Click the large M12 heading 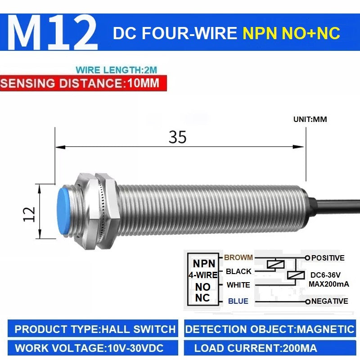point(53,32)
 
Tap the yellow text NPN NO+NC point(291,33)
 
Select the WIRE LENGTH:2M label point(117,70)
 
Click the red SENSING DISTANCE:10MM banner point(83,83)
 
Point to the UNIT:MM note point(310,119)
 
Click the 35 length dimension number point(177,137)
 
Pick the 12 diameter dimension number point(29,214)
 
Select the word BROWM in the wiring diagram point(238,257)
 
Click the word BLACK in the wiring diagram point(238,271)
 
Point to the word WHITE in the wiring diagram point(238,285)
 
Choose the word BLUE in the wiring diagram point(238,301)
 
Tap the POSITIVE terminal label point(328,258)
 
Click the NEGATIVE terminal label point(330,301)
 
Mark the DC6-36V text point(325,275)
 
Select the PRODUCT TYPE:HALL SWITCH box point(93,328)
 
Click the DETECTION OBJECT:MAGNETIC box point(270,328)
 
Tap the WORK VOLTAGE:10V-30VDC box point(93,348)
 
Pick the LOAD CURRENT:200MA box point(270,348)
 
